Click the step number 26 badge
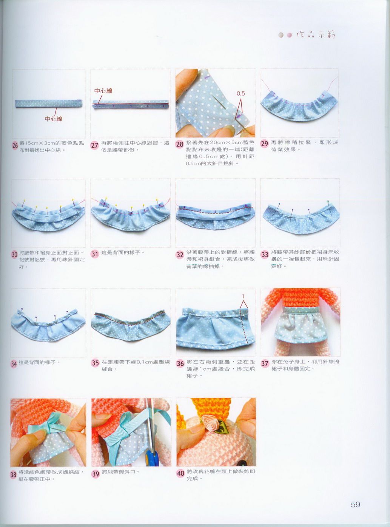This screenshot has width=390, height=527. click(15, 145)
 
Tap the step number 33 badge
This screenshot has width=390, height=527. click(264, 255)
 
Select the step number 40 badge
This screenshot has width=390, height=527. click(180, 473)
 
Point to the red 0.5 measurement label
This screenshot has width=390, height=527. click(240, 94)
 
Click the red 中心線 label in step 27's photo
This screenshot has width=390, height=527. click(103, 91)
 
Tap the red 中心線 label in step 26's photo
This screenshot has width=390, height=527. click(54, 119)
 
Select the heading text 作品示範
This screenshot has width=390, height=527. click(316, 35)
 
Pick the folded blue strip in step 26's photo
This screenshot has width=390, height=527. click(49, 104)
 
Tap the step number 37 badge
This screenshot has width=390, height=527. click(265, 363)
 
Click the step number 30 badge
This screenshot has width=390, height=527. click(14, 255)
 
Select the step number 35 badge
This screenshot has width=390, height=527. click(95, 363)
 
